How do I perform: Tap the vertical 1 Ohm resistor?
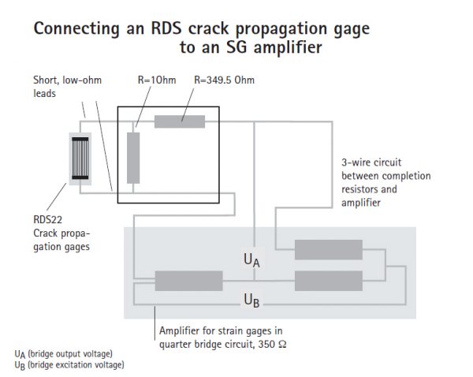(x=133, y=158)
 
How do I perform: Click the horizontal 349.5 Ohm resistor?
(x=180, y=121)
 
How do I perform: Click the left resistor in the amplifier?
(x=188, y=280)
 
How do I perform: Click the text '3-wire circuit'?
(x=367, y=163)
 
